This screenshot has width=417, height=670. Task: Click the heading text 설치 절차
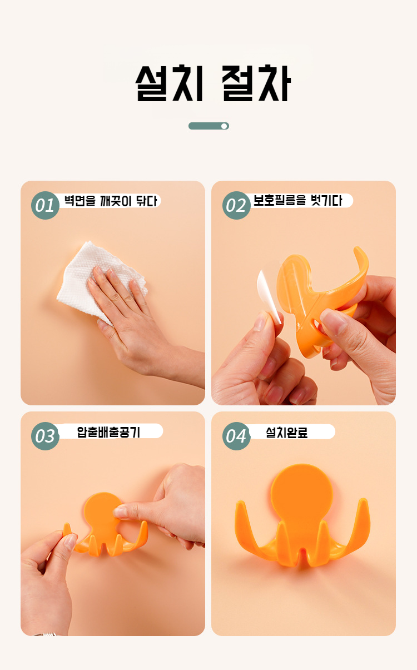point(213,83)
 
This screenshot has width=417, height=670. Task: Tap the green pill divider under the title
point(209,126)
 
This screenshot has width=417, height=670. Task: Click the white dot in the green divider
point(224,126)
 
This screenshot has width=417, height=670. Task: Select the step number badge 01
point(45,206)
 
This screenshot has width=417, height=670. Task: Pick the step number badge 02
point(236,206)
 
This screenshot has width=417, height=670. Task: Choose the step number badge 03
point(45,436)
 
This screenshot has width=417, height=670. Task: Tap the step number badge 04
point(236,436)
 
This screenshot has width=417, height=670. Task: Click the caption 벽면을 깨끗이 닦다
point(111,201)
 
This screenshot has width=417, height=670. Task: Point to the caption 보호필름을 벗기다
point(297,200)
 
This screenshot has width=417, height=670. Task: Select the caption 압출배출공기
point(108,432)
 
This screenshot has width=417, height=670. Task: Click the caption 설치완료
point(287,432)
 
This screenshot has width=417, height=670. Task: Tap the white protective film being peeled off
point(269,296)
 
